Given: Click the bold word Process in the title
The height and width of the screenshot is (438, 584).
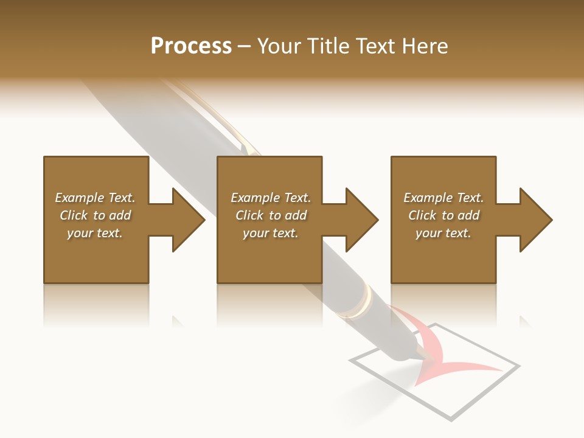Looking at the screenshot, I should point(191,46).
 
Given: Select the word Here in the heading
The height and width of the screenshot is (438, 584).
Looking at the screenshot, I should point(425,46).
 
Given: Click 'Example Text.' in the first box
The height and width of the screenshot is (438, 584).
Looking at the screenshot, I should point(95,198).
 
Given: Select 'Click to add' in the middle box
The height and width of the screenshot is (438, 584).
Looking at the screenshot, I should point(271,215).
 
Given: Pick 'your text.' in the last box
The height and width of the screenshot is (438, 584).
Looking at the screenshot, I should point(443,233).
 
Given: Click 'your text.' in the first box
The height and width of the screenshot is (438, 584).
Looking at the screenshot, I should point(95,233).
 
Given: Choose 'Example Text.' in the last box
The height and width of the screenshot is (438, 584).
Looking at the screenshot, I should point(443,198).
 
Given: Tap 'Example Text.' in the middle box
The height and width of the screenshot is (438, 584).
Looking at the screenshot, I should point(271,198).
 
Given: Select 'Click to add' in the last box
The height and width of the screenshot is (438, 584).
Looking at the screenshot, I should point(443,215).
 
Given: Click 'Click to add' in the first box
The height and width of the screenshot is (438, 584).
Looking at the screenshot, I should point(95,215).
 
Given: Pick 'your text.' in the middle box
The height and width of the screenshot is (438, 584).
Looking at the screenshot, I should point(271,233).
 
